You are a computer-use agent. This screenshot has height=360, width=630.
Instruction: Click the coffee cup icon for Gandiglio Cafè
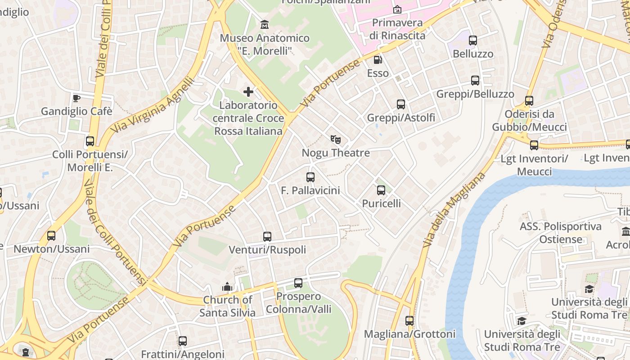pyautogui.click(x=76, y=98)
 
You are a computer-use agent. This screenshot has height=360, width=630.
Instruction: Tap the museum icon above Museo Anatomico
pyautogui.click(x=265, y=24)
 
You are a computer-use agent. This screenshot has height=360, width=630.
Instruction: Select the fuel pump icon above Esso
pyautogui.click(x=378, y=59)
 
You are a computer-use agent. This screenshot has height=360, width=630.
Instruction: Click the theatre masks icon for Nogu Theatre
pyautogui.click(x=336, y=139)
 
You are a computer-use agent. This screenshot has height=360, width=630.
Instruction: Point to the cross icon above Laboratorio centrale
pyautogui.click(x=248, y=92)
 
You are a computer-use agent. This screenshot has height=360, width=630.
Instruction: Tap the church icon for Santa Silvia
pyautogui.click(x=227, y=287)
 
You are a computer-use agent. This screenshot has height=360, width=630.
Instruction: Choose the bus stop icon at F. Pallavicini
pyautogui.click(x=310, y=177)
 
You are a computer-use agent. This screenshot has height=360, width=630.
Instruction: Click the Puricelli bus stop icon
pyautogui.click(x=381, y=190)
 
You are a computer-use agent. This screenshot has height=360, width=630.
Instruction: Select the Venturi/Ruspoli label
pyautogui.click(x=267, y=250)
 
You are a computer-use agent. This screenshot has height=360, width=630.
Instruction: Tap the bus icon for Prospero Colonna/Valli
pyautogui.click(x=298, y=283)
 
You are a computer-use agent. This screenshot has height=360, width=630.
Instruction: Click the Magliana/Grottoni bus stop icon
pyautogui.click(x=409, y=321)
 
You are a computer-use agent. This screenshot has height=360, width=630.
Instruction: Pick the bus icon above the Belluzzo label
pyautogui.click(x=473, y=40)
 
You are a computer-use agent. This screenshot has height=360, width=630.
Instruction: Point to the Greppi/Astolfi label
pyautogui.click(x=401, y=118)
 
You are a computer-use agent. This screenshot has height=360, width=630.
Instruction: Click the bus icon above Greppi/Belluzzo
pyautogui.click(x=475, y=81)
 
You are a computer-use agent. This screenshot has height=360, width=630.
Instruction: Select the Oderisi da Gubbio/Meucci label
pyautogui.click(x=529, y=121)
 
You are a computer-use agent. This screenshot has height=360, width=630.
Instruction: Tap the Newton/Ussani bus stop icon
pyautogui.click(x=51, y=236)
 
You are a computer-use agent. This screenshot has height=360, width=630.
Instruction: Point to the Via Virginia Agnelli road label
pyautogui.click(x=153, y=105)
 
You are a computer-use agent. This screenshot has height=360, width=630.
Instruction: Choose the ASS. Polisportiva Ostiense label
pyautogui.click(x=561, y=233)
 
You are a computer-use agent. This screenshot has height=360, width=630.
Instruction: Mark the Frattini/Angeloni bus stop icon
pyautogui.click(x=182, y=341)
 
